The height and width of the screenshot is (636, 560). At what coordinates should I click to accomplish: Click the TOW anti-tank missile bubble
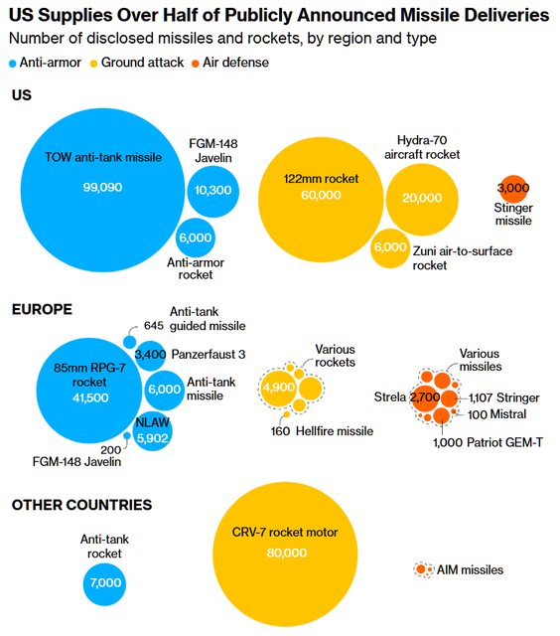102,190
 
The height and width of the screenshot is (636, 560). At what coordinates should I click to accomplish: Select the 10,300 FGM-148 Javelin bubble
213,191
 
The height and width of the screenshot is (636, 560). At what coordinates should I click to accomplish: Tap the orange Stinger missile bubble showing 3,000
513,189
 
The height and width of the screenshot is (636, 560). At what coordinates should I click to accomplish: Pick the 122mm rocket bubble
321,200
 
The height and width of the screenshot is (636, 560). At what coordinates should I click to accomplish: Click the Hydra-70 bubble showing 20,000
422,200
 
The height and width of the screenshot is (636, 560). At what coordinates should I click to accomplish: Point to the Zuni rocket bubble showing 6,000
390,248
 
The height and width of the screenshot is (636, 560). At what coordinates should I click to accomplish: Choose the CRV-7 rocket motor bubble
285,555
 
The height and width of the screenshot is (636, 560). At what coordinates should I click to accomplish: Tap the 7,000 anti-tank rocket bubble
105,583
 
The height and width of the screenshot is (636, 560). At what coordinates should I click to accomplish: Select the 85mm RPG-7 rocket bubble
89,391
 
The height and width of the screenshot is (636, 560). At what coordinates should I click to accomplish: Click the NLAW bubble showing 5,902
152,432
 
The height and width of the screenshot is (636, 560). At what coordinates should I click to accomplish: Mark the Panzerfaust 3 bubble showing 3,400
150,356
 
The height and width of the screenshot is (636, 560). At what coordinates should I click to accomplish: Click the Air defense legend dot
196,64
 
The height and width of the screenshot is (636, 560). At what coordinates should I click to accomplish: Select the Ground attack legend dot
93,64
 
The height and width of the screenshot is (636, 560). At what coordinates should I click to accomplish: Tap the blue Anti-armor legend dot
13,64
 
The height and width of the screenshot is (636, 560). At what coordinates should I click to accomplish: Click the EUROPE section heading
42,309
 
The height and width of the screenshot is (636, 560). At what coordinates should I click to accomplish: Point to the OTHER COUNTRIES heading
81,505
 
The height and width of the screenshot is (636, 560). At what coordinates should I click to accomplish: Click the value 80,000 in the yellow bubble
287,553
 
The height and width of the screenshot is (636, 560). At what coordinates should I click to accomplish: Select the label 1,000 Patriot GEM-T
488,442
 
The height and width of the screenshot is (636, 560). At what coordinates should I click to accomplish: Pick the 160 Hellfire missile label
322,430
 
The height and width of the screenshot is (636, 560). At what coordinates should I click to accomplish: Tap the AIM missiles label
470,569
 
